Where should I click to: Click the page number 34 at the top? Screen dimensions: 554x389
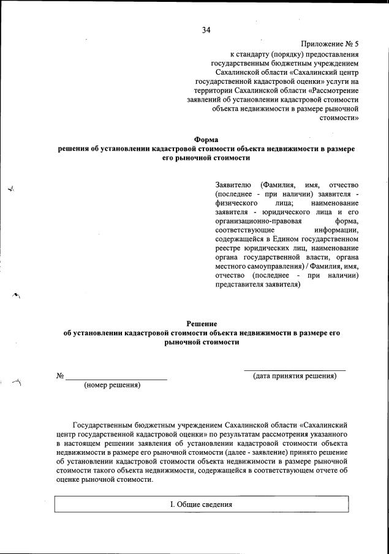pyautogui.click(x=206, y=31)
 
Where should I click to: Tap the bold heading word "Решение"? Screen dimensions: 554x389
pyautogui.click(x=202, y=323)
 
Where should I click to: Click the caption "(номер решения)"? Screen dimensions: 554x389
pyautogui.click(x=112, y=385)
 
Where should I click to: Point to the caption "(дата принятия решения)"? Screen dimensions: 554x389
pyautogui.click(x=295, y=376)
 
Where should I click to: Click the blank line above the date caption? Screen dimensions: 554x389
pyautogui.click(x=295, y=369)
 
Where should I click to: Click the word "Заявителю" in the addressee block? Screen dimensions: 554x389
pyautogui.click(x=233, y=185)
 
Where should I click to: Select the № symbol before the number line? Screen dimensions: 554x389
pyautogui.click(x=60, y=376)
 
